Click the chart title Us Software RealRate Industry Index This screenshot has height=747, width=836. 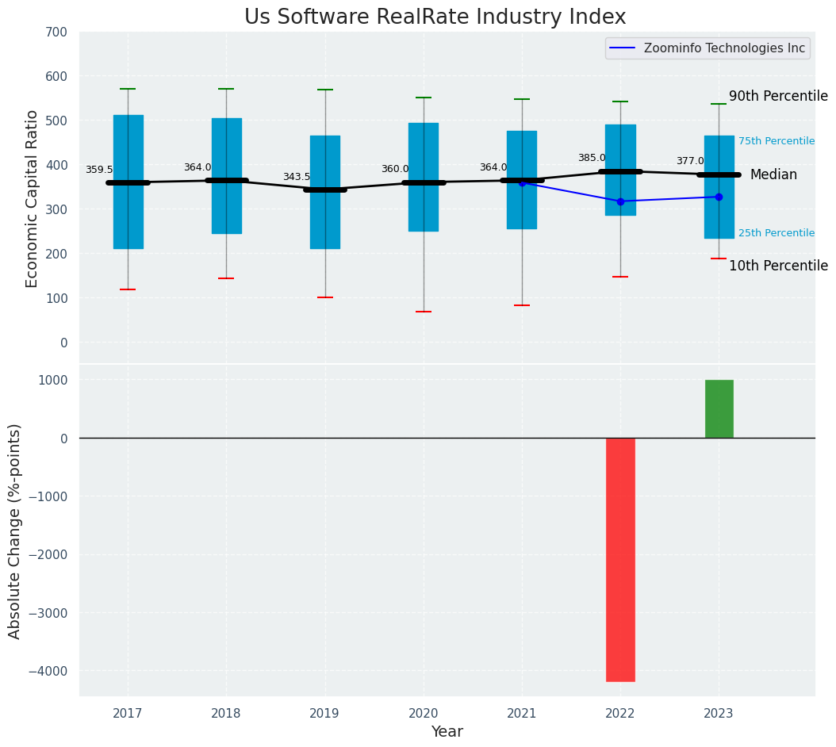coord(435,17)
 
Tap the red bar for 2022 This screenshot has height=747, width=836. coord(620,559)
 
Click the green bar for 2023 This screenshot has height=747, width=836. coord(719,408)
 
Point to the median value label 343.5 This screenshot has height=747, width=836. coord(297,177)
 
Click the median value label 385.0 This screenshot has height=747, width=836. coord(592,158)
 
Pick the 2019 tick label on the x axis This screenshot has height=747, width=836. coord(324,714)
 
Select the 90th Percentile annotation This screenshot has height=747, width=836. coord(778,96)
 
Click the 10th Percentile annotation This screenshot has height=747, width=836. coord(778,266)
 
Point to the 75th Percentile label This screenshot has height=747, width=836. coord(777,141)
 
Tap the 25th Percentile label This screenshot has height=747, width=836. coord(777,233)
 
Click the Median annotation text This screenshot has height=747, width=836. coord(773,174)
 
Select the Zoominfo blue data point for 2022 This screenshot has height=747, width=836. coord(620,201)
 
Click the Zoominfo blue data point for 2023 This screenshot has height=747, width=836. coord(719,197)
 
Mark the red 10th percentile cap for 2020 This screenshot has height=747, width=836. coord(424,312)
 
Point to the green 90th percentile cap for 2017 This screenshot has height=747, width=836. coord(128,89)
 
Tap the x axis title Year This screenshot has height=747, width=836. coord(447,732)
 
